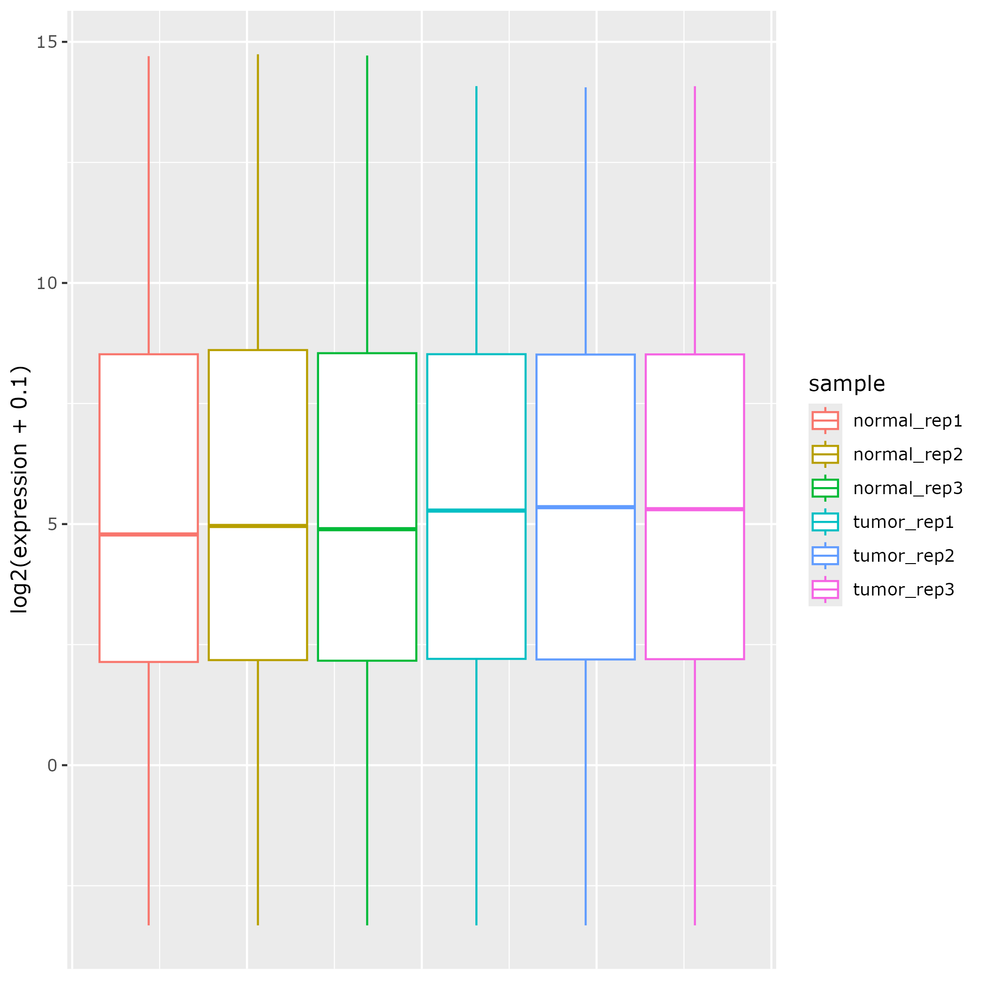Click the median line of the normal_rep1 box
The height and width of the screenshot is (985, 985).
pyautogui.click(x=148, y=534)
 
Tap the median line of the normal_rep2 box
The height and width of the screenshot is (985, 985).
pyautogui.click(x=258, y=526)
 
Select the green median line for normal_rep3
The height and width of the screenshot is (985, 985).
pyautogui.click(x=367, y=529)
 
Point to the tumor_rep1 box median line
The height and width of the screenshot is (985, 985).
pyautogui.click(x=476, y=511)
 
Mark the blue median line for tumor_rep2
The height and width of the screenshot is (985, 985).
pyautogui.click(x=585, y=507)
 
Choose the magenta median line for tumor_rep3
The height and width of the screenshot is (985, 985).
pyautogui.click(x=695, y=509)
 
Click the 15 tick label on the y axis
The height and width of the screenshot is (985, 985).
pyautogui.click(x=46, y=42)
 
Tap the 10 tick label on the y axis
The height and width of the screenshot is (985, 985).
pyautogui.click(x=46, y=283)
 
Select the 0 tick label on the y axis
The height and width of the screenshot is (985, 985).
pyautogui.click(x=52, y=765)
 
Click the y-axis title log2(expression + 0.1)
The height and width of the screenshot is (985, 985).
pyautogui.click(x=20, y=489)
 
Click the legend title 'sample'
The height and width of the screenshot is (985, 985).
pyautogui.click(x=846, y=384)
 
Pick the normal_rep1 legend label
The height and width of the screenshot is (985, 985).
pyautogui.click(x=908, y=420)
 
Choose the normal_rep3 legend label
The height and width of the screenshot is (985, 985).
pyautogui.click(x=908, y=488)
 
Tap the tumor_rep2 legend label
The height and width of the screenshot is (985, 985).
pyautogui.click(x=903, y=555)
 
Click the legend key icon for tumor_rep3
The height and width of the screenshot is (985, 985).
pyautogui.click(x=825, y=589)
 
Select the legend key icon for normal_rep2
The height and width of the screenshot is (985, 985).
pyautogui.click(x=825, y=454)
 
